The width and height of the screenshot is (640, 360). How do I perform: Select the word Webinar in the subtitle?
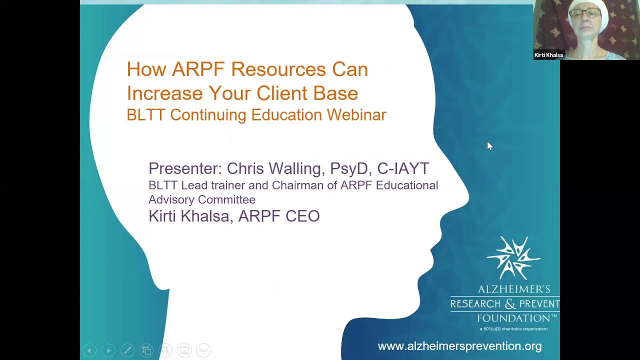[356, 115]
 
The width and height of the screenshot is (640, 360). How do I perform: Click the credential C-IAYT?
[403, 168]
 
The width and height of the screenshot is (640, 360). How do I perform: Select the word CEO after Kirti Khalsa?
[302, 216]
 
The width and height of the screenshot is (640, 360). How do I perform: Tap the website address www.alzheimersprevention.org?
[459, 346]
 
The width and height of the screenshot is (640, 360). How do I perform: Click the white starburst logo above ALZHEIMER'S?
[513, 258]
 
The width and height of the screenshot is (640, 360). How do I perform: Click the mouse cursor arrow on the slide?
[489, 145]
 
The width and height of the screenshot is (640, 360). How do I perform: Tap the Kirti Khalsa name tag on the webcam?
[548, 55]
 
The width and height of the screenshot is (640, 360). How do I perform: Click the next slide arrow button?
[108, 350]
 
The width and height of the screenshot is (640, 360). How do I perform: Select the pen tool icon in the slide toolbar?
[127, 350]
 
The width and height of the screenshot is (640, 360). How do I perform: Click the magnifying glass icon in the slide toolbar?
[165, 350]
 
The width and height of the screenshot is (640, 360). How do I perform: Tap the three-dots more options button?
[203, 350]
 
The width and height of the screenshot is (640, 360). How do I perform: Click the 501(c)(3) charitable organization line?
[513, 329]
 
